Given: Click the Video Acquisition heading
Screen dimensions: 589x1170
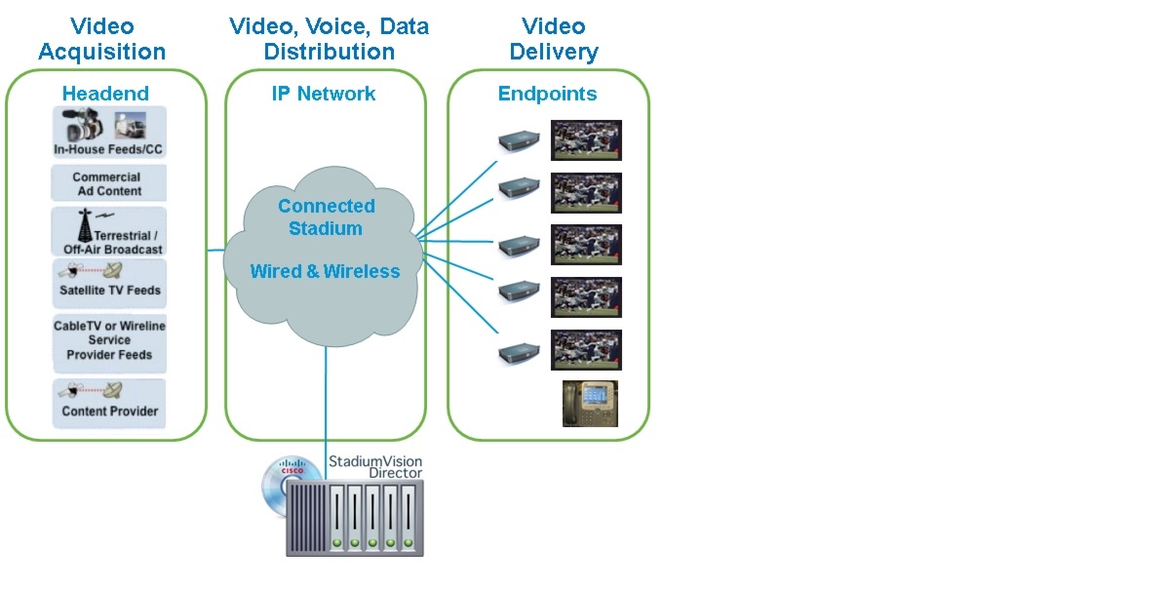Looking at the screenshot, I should [x=101, y=39].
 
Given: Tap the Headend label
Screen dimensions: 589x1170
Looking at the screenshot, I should [x=105, y=94].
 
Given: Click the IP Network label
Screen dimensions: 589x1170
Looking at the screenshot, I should [x=324, y=94].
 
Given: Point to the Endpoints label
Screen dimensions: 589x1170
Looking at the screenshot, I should [x=547, y=94].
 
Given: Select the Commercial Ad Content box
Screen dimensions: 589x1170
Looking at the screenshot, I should [x=109, y=184].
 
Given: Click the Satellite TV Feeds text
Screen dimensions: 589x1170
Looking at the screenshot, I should [x=109, y=291].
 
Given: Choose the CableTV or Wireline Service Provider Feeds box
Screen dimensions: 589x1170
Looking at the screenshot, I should [x=109, y=340].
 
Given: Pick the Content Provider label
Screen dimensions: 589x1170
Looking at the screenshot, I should [x=109, y=412].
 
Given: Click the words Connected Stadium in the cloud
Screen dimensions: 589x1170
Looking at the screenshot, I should [x=326, y=217].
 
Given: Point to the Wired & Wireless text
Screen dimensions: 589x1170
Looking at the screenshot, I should [x=325, y=271].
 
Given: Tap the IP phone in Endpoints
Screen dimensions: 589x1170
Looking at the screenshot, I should [x=591, y=403].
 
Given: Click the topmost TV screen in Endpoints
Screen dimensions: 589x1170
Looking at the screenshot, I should [x=586, y=140].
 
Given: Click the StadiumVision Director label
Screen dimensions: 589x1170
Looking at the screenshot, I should [x=375, y=466].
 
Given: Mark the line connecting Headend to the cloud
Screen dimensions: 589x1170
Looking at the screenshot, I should [x=216, y=251].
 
